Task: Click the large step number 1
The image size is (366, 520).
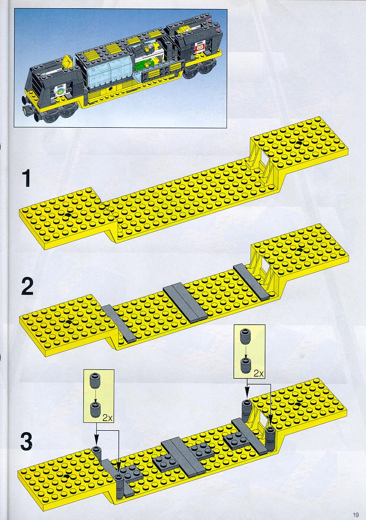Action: [27, 179]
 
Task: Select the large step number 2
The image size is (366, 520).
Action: [27, 287]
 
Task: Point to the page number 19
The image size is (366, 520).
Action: [356, 515]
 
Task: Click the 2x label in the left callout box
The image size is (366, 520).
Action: [107, 418]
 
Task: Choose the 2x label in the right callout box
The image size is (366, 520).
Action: [258, 374]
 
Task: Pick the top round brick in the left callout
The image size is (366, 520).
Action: [95, 380]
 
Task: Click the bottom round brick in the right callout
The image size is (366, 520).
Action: [246, 365]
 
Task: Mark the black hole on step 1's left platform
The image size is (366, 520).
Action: [67, 215]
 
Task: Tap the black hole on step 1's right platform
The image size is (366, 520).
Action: [299, 143]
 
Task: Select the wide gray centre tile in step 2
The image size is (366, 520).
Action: [186, 303]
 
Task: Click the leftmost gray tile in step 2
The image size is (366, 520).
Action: [119, 323]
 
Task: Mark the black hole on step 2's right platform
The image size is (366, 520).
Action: [300, 250]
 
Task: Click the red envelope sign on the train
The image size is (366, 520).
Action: [199, 49]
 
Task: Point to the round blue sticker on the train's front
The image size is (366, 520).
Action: [60, 90]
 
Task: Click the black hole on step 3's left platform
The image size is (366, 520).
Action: [67, 476]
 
